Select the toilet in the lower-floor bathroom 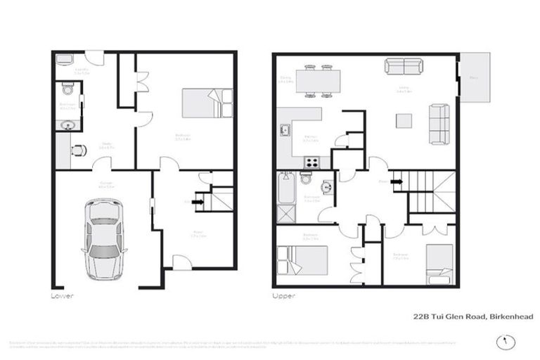pyautogui.click(x=67, y=89)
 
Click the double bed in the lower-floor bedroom pyautogui.click(x=207, y=103)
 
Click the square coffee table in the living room pyautogui.click(x=404, y=121)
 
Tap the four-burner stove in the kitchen pyautogui.click(x=311, y=162)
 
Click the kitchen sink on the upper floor pyautogui.click(x=285, y=130)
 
